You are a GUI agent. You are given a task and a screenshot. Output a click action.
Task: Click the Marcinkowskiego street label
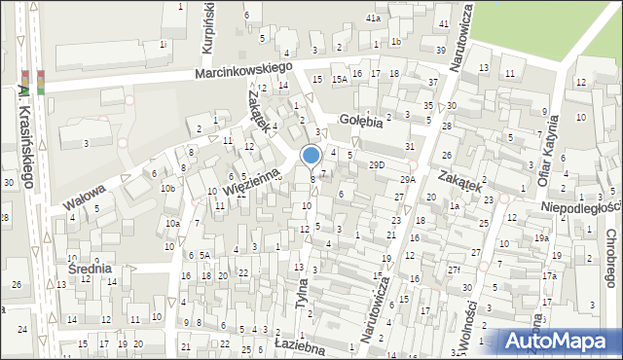tap(243, 71)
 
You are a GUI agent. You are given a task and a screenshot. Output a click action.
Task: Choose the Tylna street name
tap(304, 290)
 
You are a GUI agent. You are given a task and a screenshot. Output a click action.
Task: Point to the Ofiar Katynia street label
tap(557, 151)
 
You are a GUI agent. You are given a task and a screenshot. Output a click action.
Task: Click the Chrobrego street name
tap(610, 257)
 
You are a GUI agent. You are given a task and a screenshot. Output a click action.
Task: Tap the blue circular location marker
tap(311, 155)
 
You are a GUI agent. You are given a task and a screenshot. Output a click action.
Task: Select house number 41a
tap(373, 18)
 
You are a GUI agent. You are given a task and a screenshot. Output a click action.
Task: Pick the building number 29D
tap(377, 165)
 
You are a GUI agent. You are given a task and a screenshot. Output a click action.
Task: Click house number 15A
tap(339, 80)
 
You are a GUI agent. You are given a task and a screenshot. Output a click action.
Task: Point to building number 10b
tap(167, 188)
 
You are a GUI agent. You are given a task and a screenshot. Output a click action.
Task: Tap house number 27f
tap(454, 269)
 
